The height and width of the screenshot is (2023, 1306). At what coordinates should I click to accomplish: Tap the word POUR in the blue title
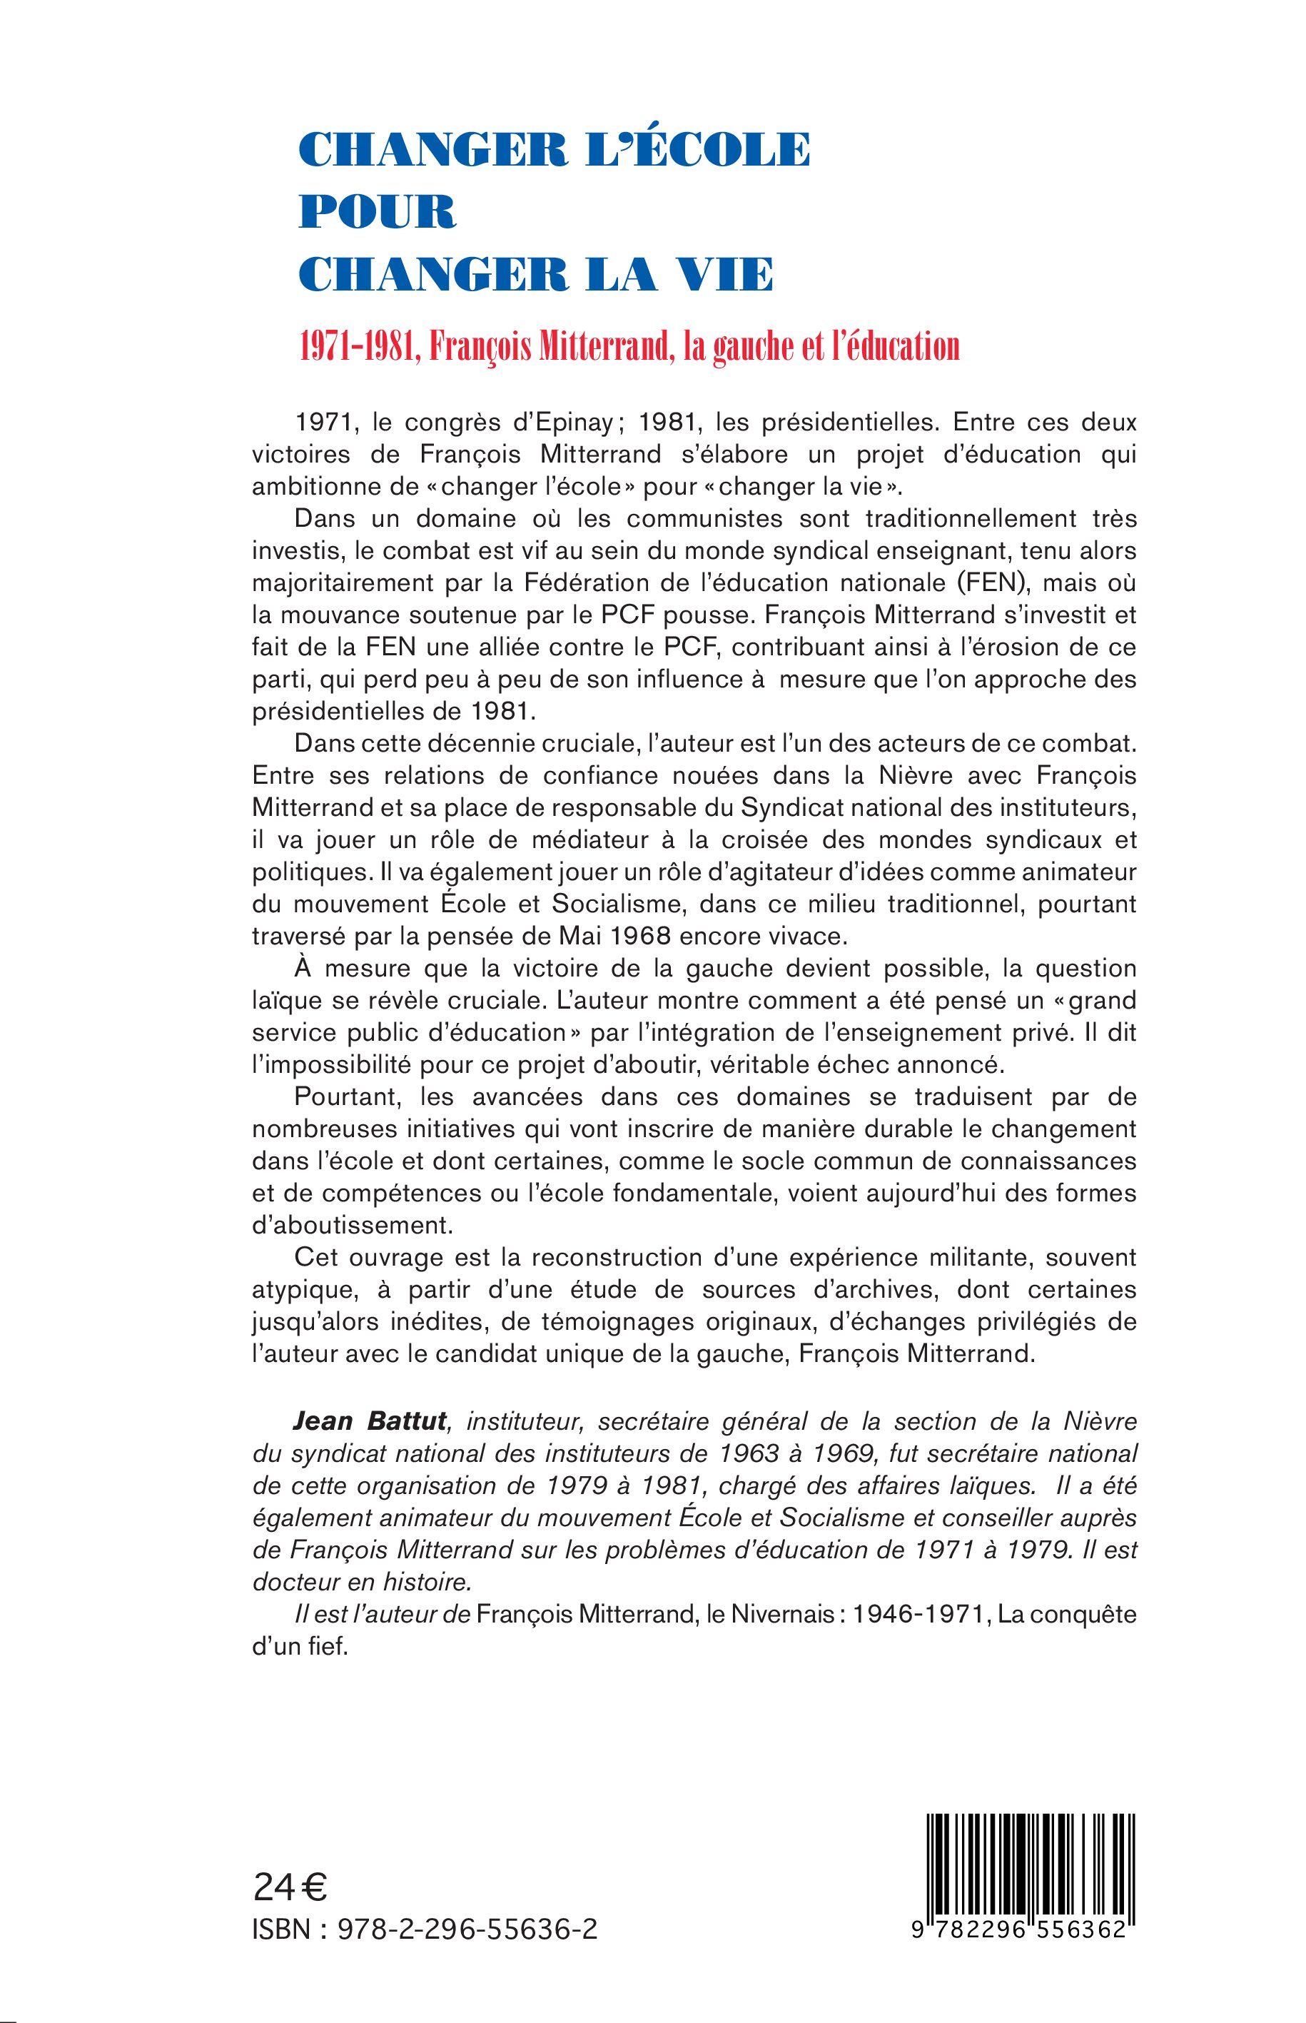tap(378, 212)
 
